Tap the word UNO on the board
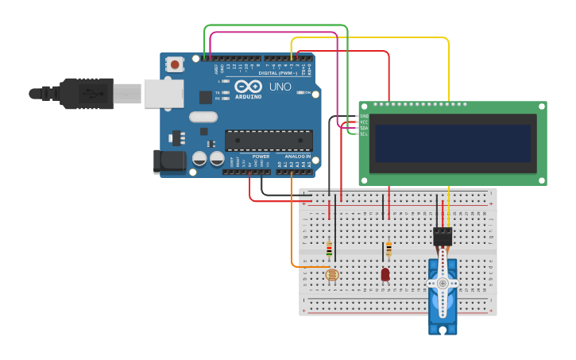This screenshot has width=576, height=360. pos(280,87)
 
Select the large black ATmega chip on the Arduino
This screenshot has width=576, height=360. pos(268,141)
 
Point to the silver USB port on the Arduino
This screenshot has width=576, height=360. pos(163,93)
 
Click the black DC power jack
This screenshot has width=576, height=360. pos(169,161)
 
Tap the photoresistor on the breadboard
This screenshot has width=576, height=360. pos(332,275)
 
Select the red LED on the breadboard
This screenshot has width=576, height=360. pos(385,274)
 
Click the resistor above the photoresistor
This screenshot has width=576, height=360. pos(329,250)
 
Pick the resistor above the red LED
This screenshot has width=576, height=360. pos(389,250)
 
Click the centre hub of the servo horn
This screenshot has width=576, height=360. pos(443,283)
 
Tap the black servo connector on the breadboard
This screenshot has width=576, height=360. pos(443,236)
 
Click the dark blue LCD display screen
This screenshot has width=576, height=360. pos(453,142)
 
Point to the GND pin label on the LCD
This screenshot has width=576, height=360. pos(364,116)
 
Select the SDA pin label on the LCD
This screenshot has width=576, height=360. pos(364,128)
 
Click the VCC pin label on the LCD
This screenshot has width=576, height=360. pos(364,122)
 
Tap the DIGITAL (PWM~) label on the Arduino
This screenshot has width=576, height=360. pos(277,73)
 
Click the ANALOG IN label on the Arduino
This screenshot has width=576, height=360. pos(298,157)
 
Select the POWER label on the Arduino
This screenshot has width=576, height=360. pos(261,157)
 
